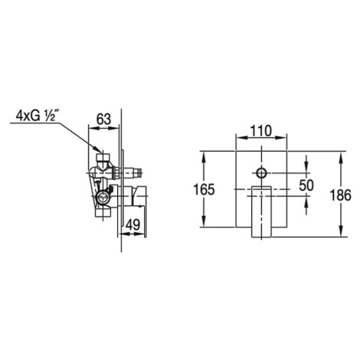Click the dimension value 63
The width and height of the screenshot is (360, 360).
point(103,119)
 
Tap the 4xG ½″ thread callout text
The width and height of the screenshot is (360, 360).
point(34,116)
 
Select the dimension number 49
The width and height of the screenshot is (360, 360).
point(133,225)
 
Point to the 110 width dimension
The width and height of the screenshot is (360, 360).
point(260,131)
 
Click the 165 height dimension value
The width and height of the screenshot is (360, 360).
point(204,189)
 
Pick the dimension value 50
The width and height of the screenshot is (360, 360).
point(306,185)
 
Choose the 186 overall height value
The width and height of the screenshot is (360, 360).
point(341,195)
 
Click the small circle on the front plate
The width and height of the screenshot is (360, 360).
point(261,173)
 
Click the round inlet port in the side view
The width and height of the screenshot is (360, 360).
point(103,197)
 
